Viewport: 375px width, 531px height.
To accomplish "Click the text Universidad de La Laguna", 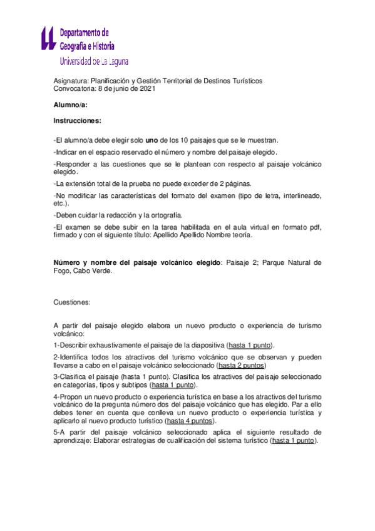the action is click(x=94, y=61).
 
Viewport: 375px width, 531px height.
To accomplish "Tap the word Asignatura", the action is click(x=71, y=81).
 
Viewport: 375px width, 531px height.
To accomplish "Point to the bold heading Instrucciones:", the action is click(x=78, y=121).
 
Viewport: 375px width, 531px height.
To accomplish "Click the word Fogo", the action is click(x=63, y=272).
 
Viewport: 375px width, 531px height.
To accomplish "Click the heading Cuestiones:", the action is click(x=72, y=302).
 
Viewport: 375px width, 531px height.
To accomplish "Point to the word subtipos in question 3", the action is click(x=134, y=384).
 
